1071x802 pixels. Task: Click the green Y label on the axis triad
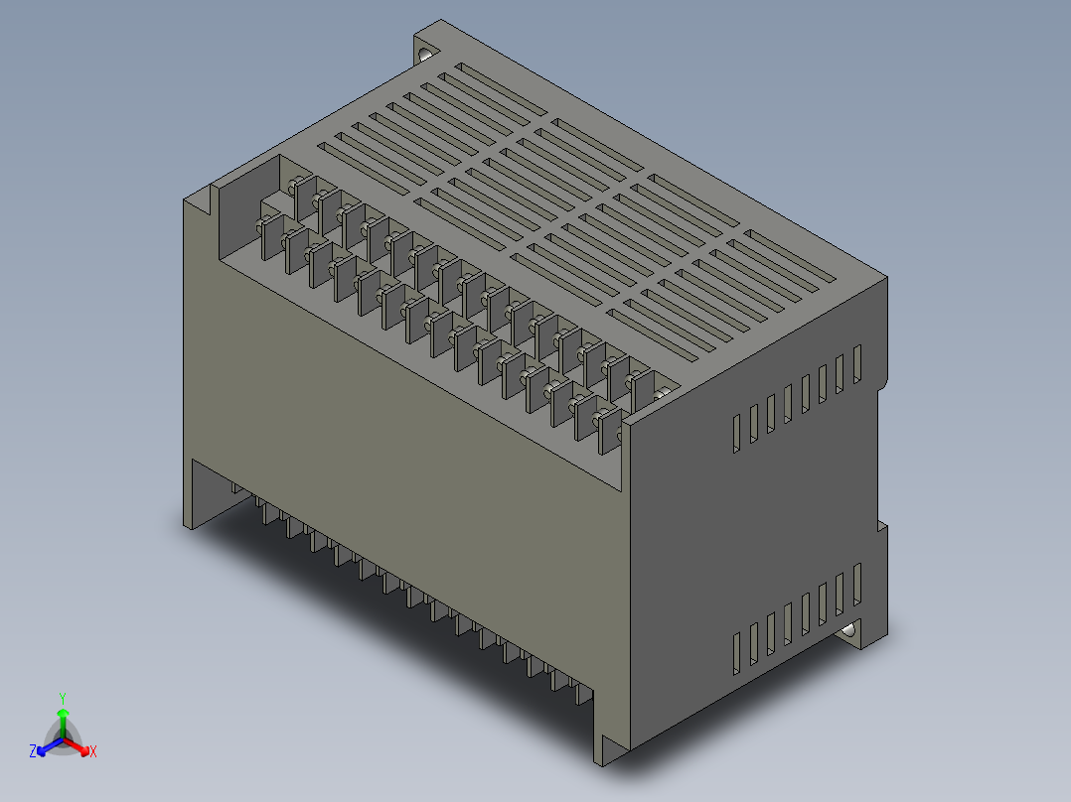click(63, 698)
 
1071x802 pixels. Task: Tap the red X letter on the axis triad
click(92, 751)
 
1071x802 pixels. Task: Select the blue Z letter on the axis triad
click(33, 751)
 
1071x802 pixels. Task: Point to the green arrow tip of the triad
click(63, 714)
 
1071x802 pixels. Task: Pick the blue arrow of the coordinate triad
click(45, 746)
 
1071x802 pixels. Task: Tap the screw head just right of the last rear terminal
click(664, 396)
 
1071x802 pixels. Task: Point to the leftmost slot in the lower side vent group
click(736, 651)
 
